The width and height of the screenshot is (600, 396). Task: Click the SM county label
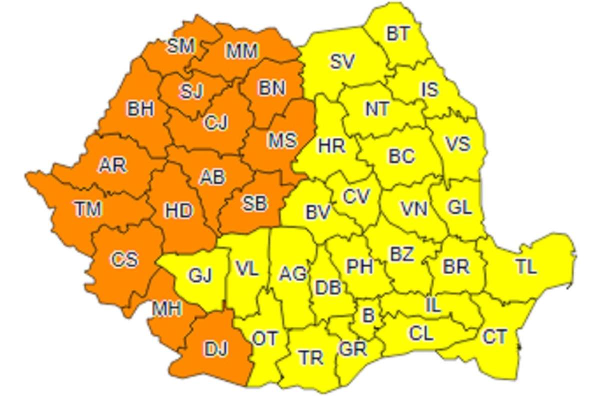tap(180, 46)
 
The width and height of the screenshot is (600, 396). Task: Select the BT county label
tap(398, 33)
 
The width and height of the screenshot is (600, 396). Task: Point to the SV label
tap(342, 62)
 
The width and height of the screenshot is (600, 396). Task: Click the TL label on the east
tap(526, 267)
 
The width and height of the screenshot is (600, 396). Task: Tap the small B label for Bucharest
tap(368, 315)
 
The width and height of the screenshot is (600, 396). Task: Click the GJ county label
tap(200, 275)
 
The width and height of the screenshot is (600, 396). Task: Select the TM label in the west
tap(88, 208)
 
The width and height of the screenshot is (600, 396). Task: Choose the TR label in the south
tap(310, 357)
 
